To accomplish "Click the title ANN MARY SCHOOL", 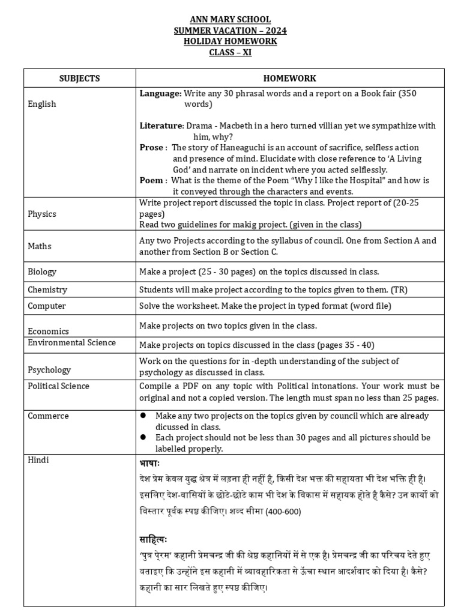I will (x=230, y=20).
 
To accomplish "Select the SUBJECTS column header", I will (x=80, y=78).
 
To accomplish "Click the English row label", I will (x=42, y=104).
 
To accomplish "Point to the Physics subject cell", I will (x=42, y=214).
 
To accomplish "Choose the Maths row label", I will (x=40, y=246).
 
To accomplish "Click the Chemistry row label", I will (x=47, y=289).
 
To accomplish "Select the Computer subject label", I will (x=47, y=306).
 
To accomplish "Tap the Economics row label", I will (x=49, y=331).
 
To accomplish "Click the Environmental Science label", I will (x=72, y=343).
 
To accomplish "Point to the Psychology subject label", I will (x=49, y=370).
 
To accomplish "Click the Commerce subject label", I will (x=48, y=416).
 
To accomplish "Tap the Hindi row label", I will (x=38, y=460).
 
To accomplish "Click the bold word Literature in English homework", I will (x=161, y=126).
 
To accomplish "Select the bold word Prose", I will (x=151, y=148).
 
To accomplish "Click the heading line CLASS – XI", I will (x=230, y=52).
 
